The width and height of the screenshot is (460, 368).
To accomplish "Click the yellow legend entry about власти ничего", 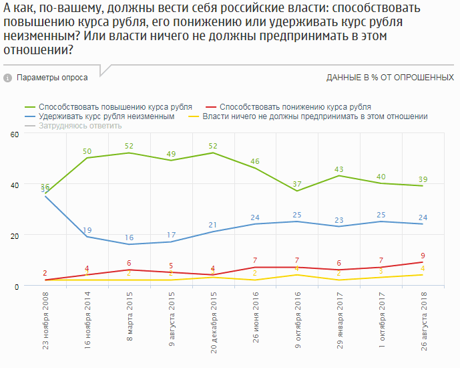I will click(314, 116).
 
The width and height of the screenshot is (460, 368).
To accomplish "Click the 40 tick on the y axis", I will click(11, 185).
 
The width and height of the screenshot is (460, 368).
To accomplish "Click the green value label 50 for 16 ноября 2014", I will click(87, 151).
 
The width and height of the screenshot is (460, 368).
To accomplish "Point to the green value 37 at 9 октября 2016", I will click(297, 184).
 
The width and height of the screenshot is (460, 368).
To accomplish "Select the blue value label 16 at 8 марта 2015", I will click(129, 238).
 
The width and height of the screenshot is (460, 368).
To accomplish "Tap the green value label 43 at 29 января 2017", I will click(339, 169).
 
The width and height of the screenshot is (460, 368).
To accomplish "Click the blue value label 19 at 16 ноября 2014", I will click(87, 230).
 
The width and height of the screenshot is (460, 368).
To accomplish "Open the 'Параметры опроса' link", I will click(52, 78).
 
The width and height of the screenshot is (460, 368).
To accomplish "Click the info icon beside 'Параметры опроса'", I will click(8, 78).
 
